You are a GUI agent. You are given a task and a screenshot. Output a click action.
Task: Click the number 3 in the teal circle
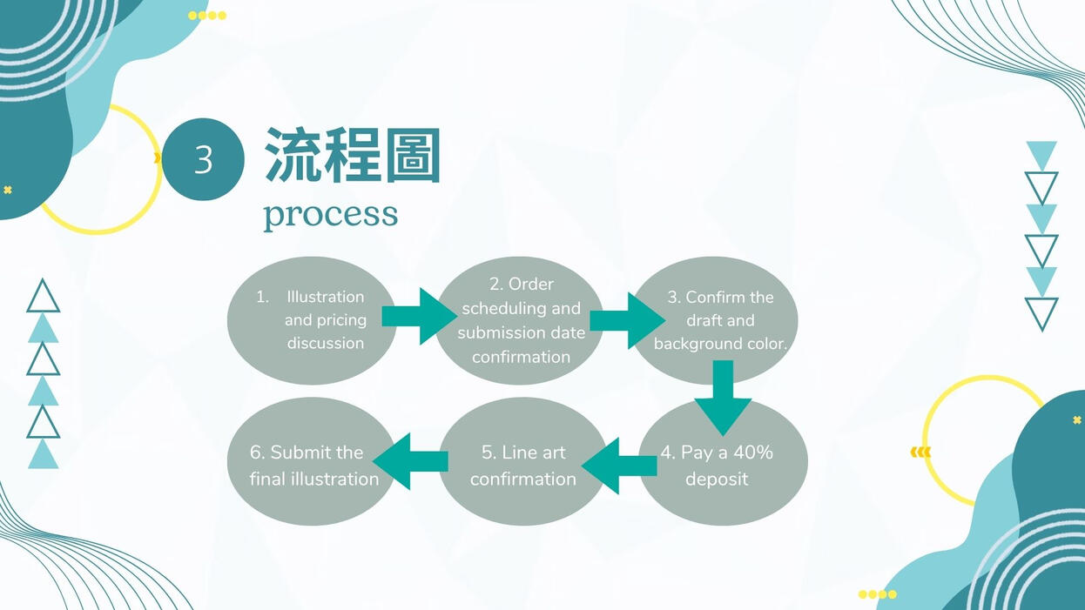[203, 160]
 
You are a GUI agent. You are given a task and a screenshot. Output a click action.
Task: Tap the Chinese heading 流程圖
[353, 156]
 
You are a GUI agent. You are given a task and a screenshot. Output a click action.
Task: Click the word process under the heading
[330, 214]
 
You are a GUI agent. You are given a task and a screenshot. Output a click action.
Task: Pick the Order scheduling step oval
[520, 319]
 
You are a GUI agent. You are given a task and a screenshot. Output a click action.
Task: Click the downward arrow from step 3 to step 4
[723, 397]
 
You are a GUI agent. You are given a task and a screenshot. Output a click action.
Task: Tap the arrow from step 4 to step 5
[619, 466]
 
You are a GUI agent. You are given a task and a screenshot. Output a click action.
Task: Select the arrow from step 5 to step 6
[410, 460]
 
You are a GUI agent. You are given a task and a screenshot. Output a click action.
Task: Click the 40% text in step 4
[752, 452]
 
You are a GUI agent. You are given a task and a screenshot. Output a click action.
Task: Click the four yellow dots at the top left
[207, 16]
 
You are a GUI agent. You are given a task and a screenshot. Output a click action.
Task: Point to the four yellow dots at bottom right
[877, 594]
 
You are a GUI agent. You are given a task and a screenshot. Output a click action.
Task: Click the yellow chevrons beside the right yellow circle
[920, 452]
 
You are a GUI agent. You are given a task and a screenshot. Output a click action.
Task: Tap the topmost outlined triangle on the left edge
[43, 297]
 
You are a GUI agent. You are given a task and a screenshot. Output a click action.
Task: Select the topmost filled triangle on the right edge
[1041, 154]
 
